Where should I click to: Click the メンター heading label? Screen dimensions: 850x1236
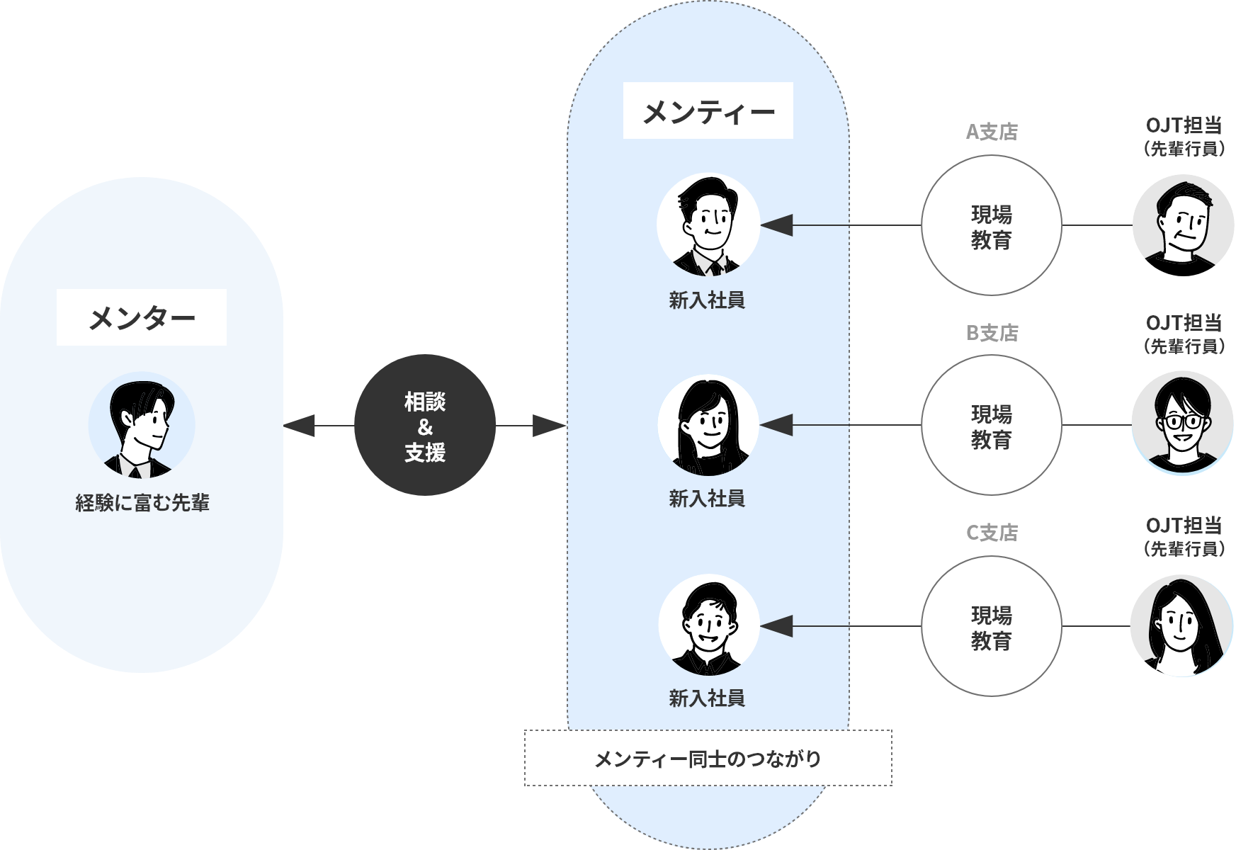142,317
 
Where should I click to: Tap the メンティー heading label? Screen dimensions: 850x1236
708,112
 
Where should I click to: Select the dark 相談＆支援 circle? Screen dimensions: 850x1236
424,426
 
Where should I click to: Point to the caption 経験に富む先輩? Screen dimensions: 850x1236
142,504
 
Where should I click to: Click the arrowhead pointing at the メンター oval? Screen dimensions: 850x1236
299,426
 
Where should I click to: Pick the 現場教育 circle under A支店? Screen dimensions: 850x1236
991,225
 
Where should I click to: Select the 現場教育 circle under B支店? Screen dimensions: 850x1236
991,425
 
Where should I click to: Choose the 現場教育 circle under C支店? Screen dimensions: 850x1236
991,626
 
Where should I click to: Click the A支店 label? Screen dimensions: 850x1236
992,132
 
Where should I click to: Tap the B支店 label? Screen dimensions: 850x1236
992,333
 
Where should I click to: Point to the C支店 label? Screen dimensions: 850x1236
992,533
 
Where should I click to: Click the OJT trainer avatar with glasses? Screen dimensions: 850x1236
1183,422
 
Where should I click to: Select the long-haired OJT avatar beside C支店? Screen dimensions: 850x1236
1183,625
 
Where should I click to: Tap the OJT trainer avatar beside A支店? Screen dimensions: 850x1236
1183,220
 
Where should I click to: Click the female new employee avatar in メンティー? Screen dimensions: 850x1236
708,425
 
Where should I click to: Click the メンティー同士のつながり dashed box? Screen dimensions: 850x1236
708,758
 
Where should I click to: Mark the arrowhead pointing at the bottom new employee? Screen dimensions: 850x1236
776,626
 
